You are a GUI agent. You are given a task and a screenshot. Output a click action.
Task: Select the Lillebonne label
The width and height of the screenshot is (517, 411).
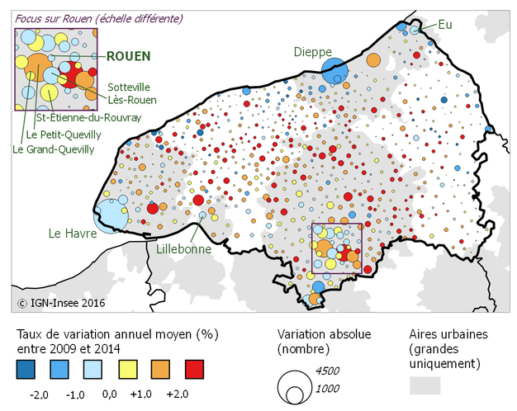tap(182, 247)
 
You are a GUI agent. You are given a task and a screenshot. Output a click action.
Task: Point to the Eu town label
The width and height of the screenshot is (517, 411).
tap(447, 25)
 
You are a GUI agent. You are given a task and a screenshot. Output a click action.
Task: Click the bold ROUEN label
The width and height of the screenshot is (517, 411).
tap(128, 56)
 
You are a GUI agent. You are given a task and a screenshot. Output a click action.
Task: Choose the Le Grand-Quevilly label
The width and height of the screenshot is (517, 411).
tap(53, 149)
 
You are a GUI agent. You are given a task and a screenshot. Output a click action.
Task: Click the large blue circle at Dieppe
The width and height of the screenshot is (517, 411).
tap(334, 70)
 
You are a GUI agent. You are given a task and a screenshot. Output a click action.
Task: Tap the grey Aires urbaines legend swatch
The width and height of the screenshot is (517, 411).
tap(425, 385)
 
